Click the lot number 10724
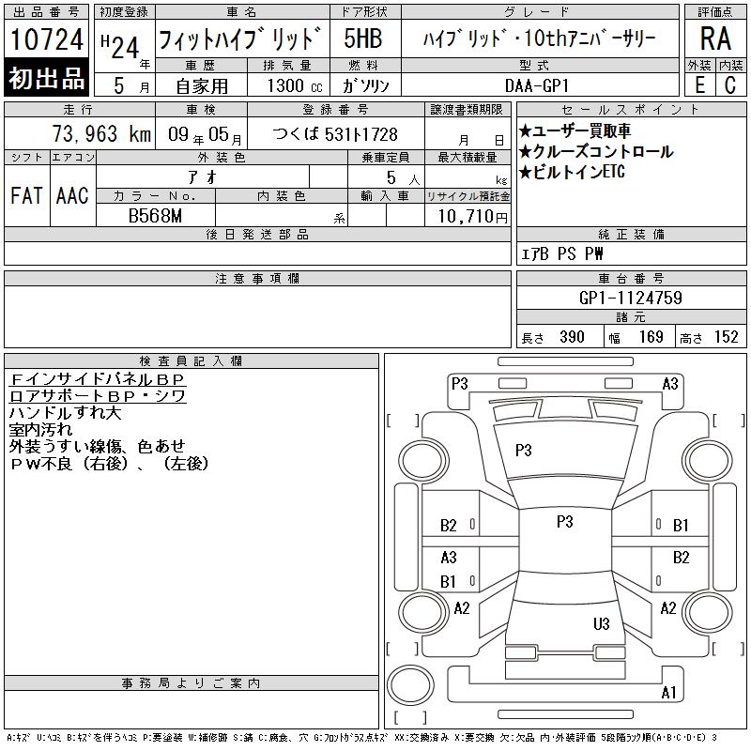pyautogui.click(x=46, y=39)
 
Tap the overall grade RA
pyautogui.click(x=715, y=38)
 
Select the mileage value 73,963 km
pyautogui.click(x=101, y=134)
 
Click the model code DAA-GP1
pyautogui.click(x=537, y=85)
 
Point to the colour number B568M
pyautogui.click(x=155, y=216)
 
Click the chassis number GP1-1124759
pyautogui.click(x=631, y=298)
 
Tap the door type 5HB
pyautogui.click(x=363, y=38)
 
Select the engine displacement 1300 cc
pyautogui.click(x=295, y=85)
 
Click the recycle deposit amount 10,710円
pyautogui.click(x=473, y=217)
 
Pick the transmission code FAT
pyautogui.click(x=26, y=195)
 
